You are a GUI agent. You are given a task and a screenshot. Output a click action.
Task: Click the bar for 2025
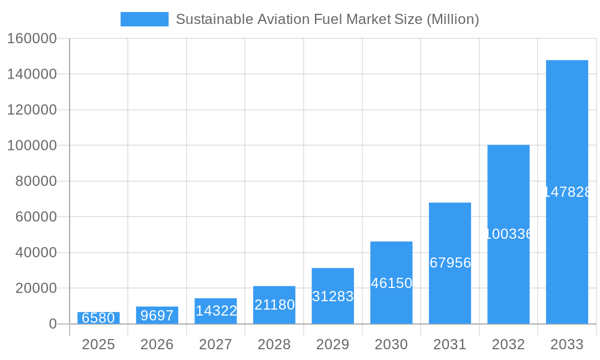click(98, 318)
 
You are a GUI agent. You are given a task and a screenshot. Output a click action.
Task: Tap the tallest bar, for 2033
click(566, 192)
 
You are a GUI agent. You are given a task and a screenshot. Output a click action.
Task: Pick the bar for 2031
click(449, 263)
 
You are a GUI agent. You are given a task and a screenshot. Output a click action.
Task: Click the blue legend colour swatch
click(144, 19)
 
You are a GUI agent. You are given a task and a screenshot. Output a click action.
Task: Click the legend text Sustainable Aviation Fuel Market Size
click(327, 19)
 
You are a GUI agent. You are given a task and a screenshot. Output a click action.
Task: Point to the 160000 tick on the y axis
click(32, 39)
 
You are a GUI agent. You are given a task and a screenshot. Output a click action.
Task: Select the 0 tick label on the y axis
click(52, 324)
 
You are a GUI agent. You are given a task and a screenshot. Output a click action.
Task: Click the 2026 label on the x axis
click(157, 344)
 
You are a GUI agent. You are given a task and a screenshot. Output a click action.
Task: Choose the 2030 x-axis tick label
click(391, 344)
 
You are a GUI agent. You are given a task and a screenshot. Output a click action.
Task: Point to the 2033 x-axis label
click(566, 344)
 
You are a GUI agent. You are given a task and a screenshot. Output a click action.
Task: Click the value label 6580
click(98, 318)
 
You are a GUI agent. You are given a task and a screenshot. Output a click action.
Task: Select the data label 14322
click(216, 311)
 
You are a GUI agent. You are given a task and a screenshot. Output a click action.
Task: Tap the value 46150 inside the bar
click(391, 283)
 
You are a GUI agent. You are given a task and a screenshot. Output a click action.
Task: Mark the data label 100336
click(508, 234)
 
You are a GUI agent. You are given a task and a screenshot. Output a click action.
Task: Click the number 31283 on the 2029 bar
click(332, 296)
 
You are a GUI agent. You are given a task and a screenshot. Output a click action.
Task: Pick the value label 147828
click(567, 192)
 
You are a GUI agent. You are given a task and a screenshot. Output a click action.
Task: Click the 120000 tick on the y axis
click(32, 110)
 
